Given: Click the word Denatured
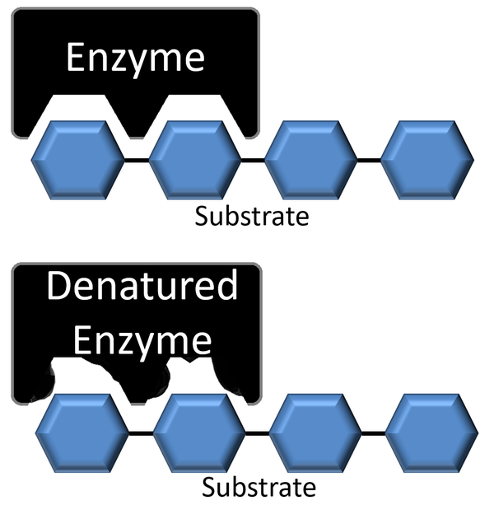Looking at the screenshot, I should click(142, 288).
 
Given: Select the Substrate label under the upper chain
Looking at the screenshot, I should click(251, 217).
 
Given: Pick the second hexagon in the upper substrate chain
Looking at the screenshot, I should click(195, 158).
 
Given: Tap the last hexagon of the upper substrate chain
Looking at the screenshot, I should click(429, 158).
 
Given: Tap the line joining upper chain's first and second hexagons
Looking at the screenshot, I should click(136, 159).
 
